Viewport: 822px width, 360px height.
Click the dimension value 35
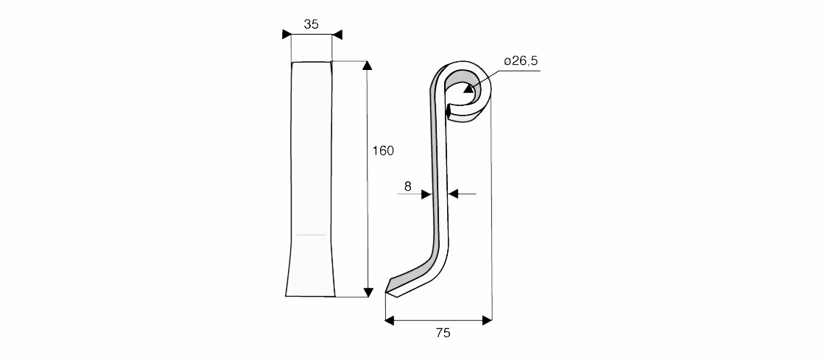point(311,24)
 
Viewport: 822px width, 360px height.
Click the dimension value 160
point(383,151)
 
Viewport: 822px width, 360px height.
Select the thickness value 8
point(408,186)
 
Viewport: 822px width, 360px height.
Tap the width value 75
point(443,333)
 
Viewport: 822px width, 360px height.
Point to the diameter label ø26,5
point(521,61)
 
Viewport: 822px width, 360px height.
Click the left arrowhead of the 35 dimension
point(287,35)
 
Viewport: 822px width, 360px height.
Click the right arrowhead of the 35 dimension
point(337,35)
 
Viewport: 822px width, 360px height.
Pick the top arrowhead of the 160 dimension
point(368,65)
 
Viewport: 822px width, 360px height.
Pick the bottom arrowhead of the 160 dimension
point(368,292)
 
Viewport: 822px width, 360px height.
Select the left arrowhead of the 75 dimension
point(390,320)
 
